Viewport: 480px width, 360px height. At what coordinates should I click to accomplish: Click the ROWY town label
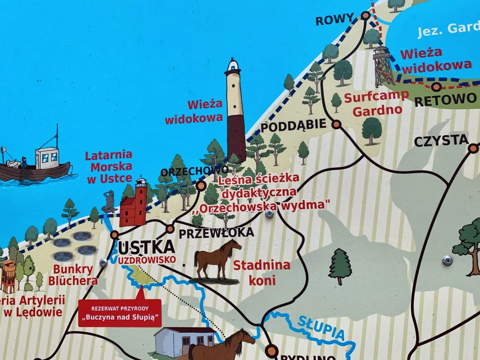point(335,19)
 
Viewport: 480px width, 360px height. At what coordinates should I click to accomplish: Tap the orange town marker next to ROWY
point(365,16)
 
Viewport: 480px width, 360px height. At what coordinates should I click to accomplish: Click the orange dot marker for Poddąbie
point(336,124)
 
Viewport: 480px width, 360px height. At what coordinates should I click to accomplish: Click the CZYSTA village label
point(441,142)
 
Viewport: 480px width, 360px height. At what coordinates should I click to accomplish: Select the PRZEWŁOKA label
point(216,233)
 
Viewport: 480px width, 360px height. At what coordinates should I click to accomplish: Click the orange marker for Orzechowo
point(201,185)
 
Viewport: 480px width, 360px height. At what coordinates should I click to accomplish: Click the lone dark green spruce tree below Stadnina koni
point(340,266)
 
